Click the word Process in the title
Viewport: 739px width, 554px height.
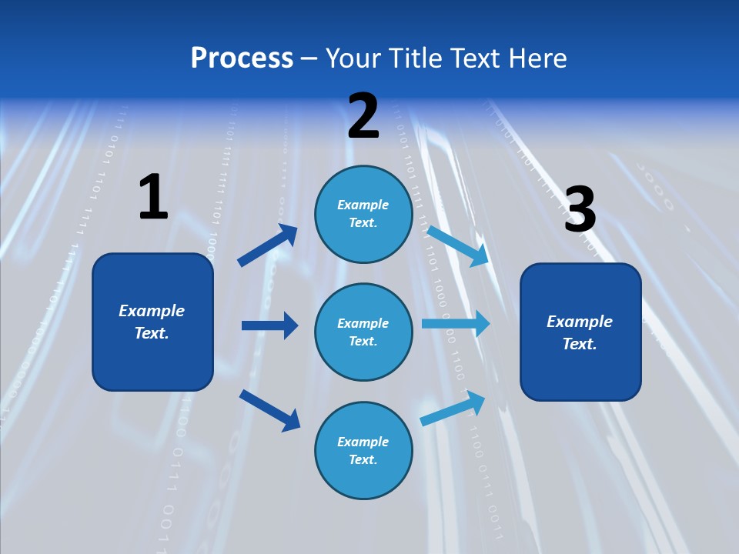[x=242, y=58]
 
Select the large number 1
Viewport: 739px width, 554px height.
[x=153, y=197]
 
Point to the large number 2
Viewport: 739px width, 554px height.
[x=363, y=115]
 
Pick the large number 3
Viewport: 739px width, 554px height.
[x=580, y=210]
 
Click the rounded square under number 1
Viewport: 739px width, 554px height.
[x=152, y=322]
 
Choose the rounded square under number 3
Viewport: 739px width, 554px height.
[x=580, y=332]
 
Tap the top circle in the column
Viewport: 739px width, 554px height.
[x=363, y=214]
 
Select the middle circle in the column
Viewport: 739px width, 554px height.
[x=363, y=332]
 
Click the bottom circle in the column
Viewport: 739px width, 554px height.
[x=363, y=450]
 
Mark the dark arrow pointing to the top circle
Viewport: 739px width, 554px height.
[x=268, y=245]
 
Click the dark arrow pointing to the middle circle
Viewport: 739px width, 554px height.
[x=269, y=325]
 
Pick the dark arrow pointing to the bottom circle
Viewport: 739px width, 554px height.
[x=269, y=409]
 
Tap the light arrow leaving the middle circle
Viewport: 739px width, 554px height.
[x=455, y=323]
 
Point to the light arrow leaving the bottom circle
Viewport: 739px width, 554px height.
[x=453, y=409]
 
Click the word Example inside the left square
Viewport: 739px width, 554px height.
[x=152, y=311]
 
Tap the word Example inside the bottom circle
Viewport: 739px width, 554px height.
[x=363, y=442]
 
